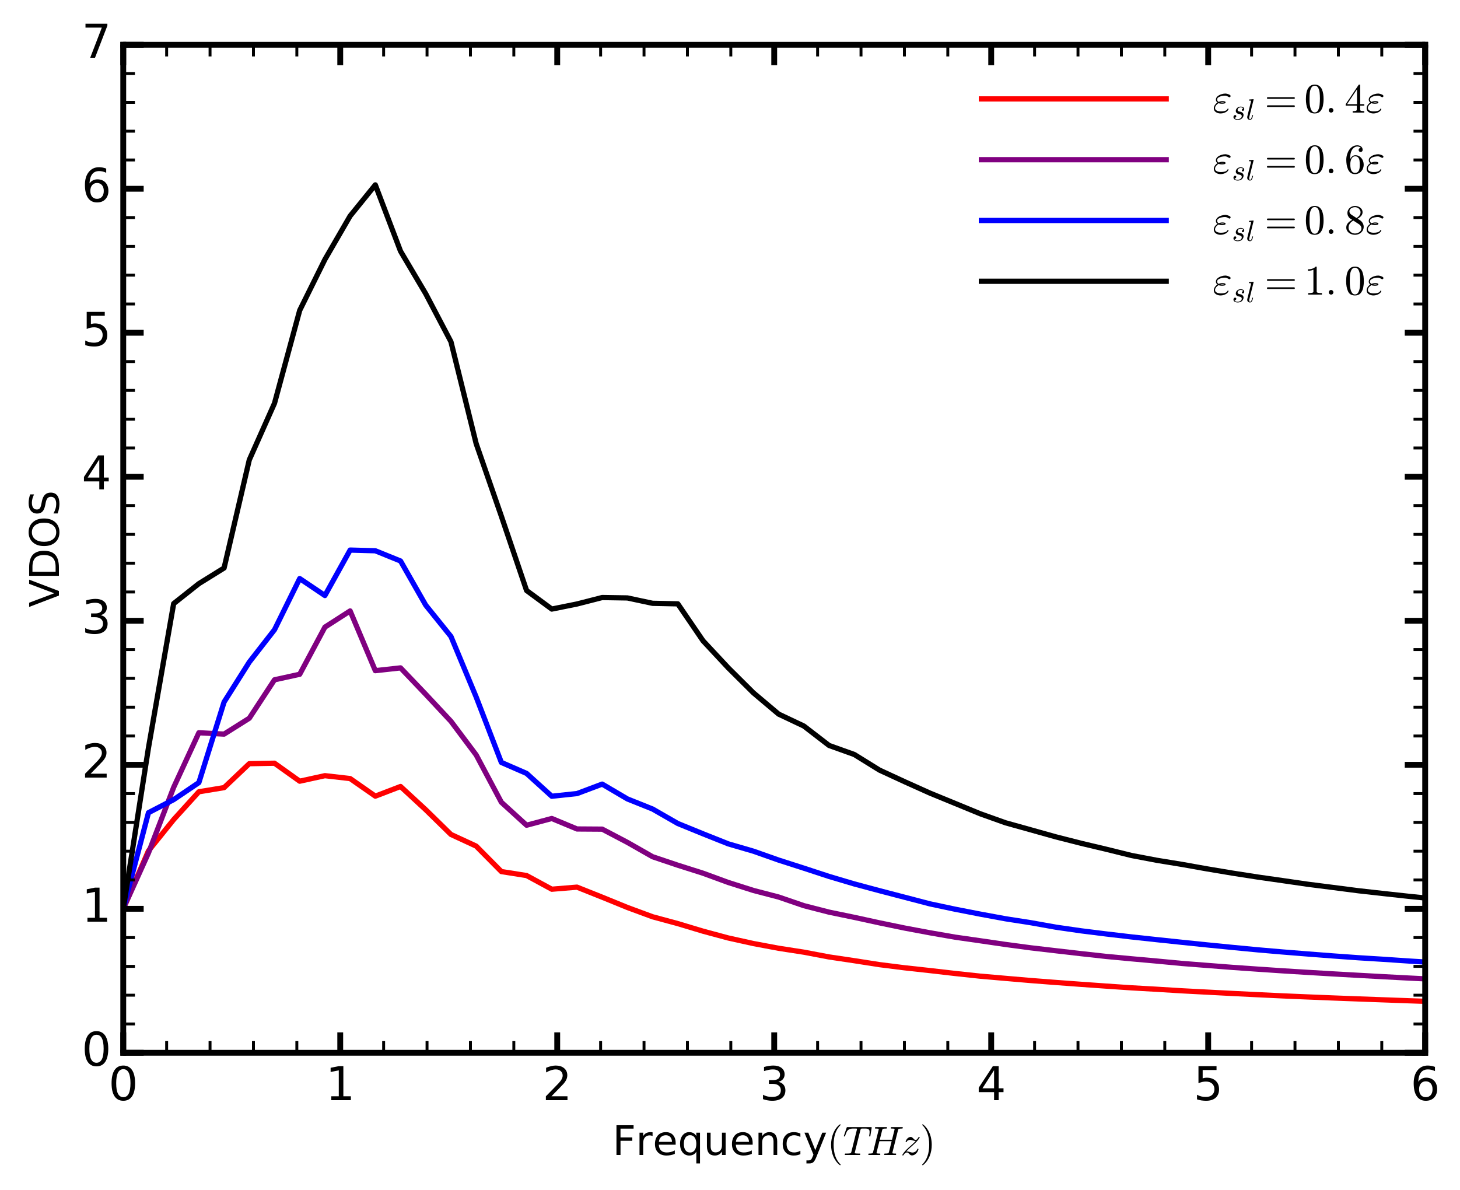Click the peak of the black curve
coord(375,185)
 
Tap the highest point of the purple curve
coord(350,611)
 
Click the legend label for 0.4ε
coord(1297,102)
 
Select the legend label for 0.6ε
coord(1297,163)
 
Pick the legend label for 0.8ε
coord(1297,223)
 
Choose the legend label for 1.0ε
coord(1297,283)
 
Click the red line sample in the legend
coord(1073,99)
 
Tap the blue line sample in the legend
coord(1073,220)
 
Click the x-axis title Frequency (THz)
coord(772,1142)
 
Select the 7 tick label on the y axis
coord(96,43)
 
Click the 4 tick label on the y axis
coord(96,474)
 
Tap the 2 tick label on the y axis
coord(96,762)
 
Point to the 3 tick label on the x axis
coord(774,1086)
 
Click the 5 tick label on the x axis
coord(1208,1086)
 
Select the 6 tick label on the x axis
coord(1424,1086)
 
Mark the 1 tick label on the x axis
coord(340,1086)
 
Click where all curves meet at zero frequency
coord(124,908)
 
